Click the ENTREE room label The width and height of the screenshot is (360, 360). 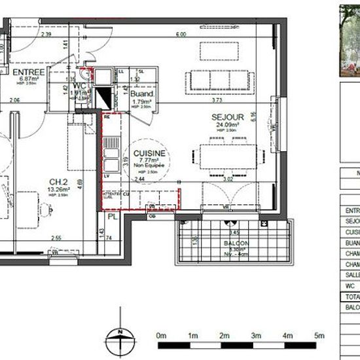28,71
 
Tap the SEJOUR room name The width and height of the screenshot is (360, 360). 224,117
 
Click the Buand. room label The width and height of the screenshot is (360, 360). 141,94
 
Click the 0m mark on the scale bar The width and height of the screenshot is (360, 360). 162,335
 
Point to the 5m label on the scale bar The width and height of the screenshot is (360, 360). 319,335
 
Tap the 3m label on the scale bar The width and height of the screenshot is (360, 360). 256,335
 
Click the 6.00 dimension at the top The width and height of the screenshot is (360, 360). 181,34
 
